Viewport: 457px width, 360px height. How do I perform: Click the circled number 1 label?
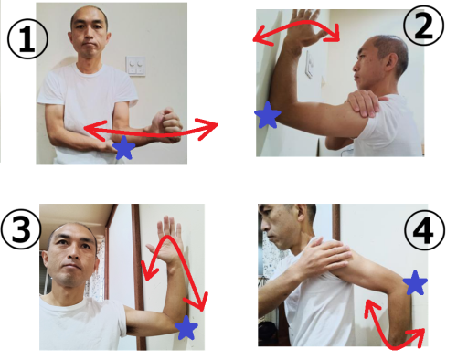(x=27, y=39)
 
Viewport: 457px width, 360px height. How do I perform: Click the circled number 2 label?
(x=423, y=26)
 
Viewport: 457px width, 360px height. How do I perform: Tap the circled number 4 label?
(x=424, y=230)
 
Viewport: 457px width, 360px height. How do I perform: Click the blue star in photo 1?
(x=123, y=148)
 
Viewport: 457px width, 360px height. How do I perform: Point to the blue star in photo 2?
(x=267, y=116)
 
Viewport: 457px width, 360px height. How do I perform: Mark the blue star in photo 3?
(x=186, y=328)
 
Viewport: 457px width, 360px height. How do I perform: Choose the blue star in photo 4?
(x=415, y=282)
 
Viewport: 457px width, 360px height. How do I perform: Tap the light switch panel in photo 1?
(x=135, y=66)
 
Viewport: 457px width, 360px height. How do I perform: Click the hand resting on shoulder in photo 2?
(x=366, y=103)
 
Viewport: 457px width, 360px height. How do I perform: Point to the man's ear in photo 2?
(x=391, y=62)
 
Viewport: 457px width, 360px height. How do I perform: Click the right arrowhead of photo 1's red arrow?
(x=208, y=128)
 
